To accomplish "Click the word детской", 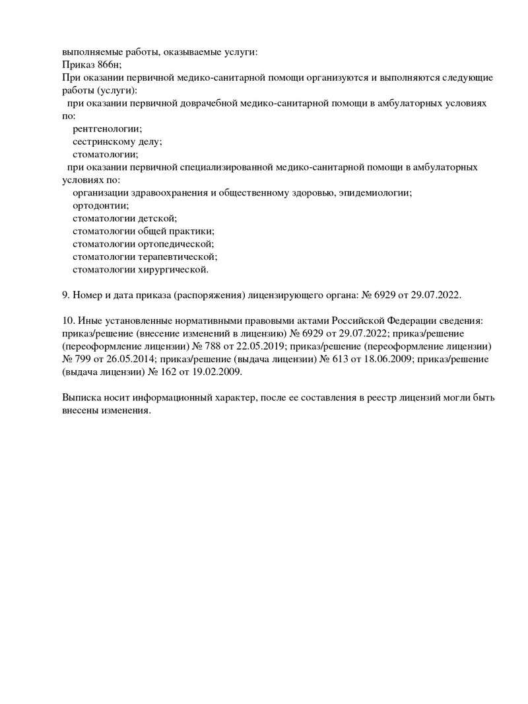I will (157, 218).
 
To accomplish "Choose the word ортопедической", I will (176, 243).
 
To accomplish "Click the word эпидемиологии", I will (377, 192).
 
